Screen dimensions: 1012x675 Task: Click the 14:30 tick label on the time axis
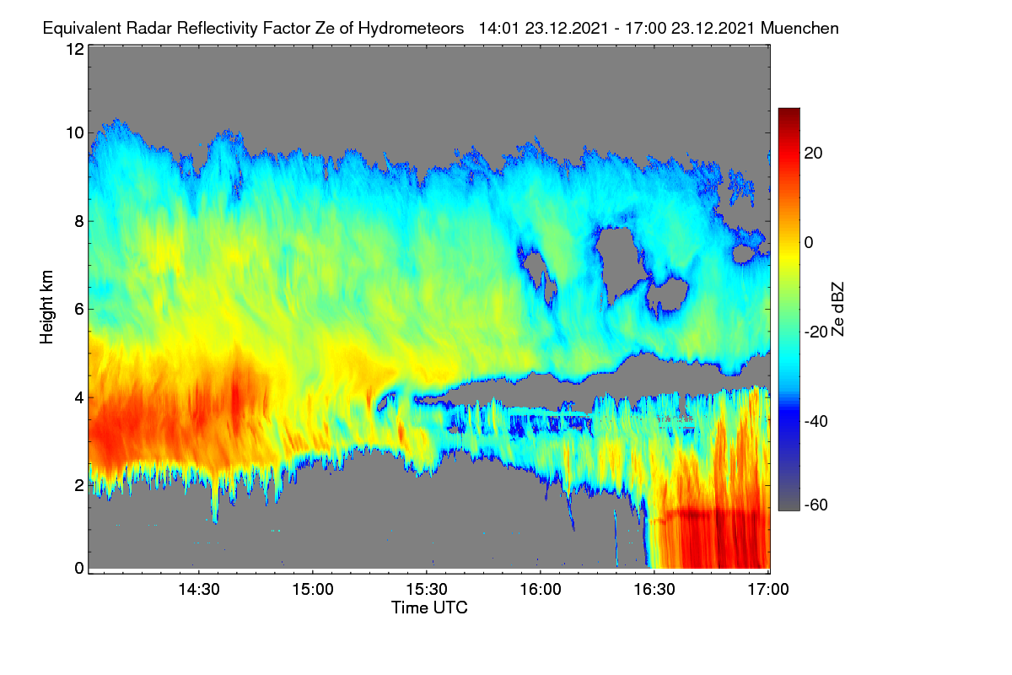pos(199,589)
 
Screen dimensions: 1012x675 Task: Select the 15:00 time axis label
pos(313,589)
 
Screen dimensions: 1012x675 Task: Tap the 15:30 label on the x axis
pos(427,589)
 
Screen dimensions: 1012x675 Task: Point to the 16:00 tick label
pos(541,589)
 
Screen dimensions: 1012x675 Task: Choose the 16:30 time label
pos(654,589)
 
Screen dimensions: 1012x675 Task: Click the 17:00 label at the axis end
pos(768,589)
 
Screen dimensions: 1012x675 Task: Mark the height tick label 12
pos(75,49)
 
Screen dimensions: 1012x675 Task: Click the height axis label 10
pos(75,133)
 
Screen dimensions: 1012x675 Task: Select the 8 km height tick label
pos(79,222)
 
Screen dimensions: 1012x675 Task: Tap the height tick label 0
pos(79,568)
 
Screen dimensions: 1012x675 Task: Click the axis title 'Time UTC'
pos(429,607)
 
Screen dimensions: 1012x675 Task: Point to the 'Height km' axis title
pos(46,307)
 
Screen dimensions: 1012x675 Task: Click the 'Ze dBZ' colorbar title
pos(837,310)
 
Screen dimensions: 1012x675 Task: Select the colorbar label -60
pos(816,505)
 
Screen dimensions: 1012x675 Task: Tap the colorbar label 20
pos(813,154)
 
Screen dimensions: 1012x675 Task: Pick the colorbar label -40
pos(816,421)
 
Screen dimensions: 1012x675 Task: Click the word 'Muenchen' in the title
pos(799,28)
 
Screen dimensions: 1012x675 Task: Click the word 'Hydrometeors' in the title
pos(411,29)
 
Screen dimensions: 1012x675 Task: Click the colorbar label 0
pos(809,243)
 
